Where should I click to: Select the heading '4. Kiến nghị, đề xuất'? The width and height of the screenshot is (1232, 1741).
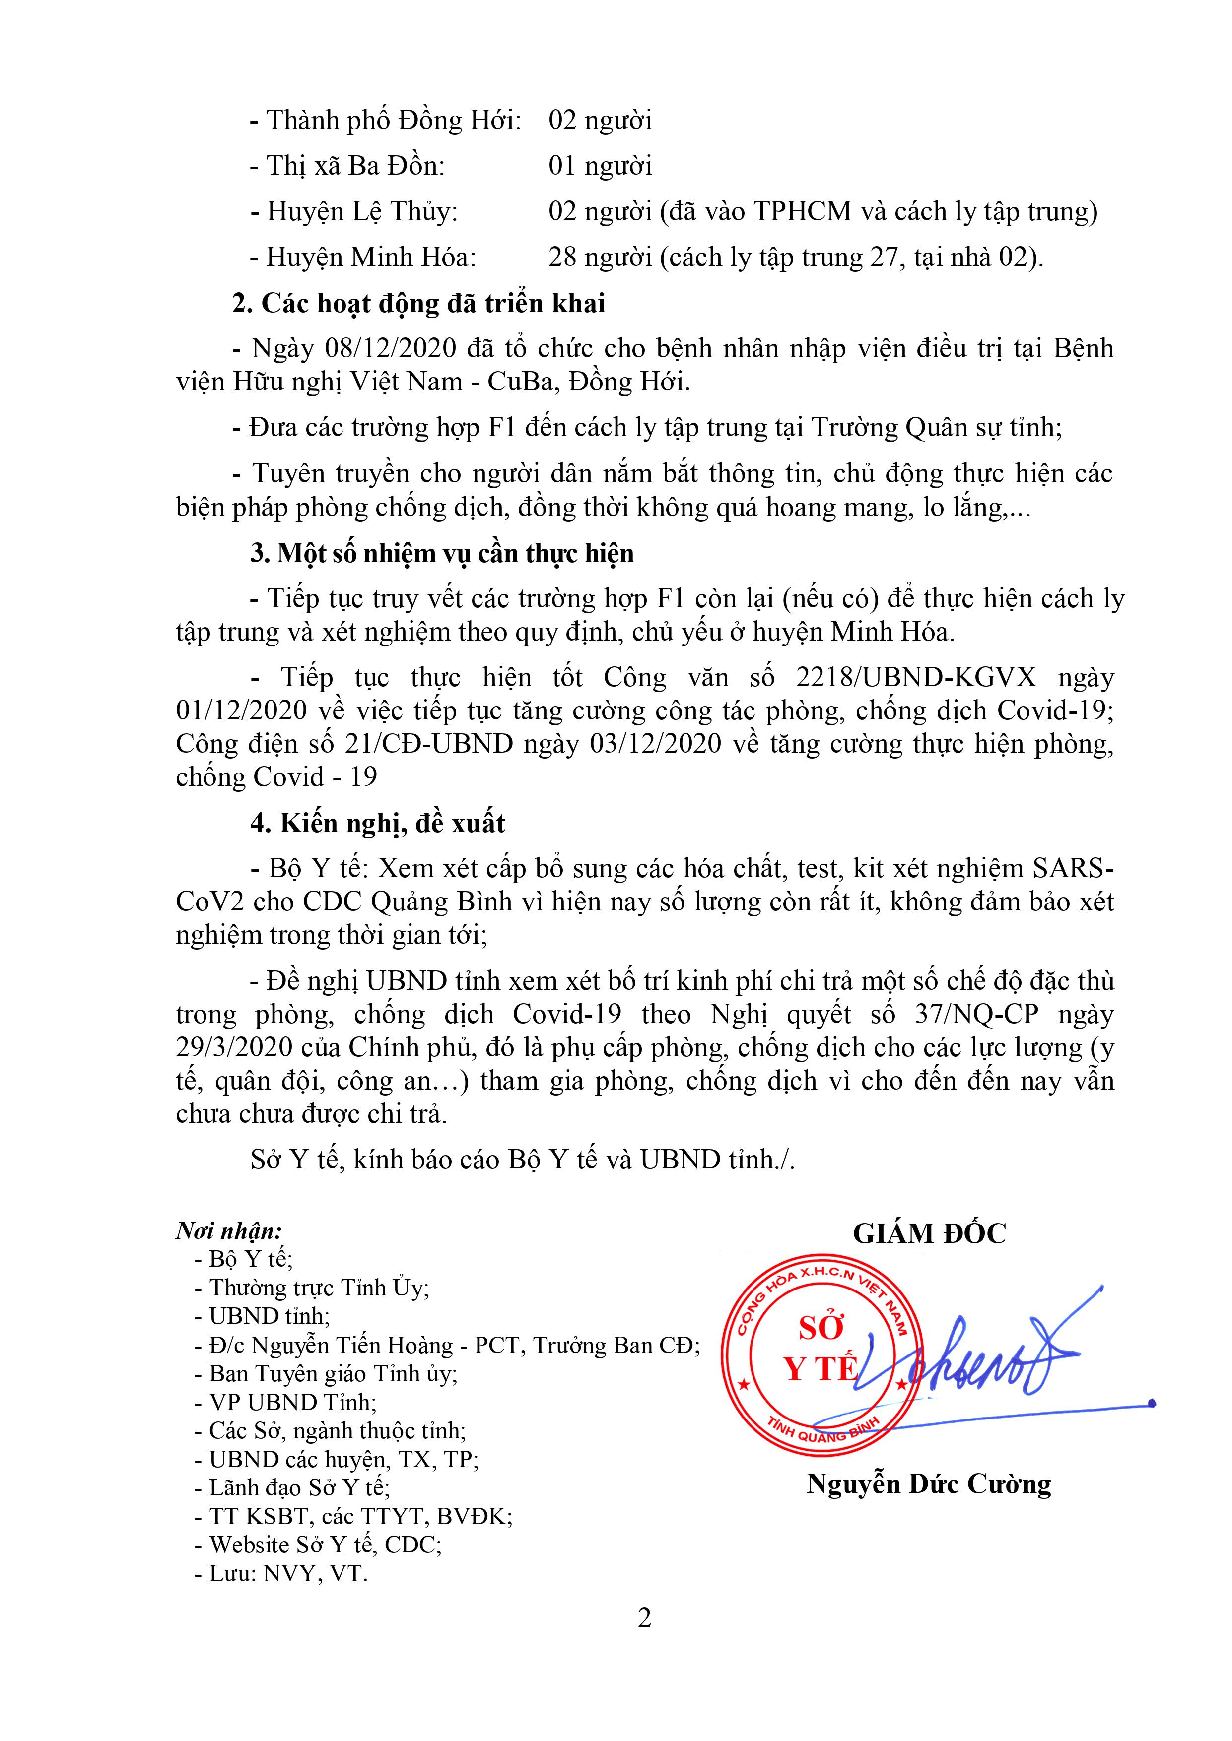(378, 824)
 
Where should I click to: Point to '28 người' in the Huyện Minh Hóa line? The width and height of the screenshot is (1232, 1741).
(600, 258)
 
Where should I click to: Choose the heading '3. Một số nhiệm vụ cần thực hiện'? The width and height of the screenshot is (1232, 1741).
(442, 554)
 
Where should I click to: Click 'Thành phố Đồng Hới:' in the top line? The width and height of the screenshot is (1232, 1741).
(393, 120)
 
